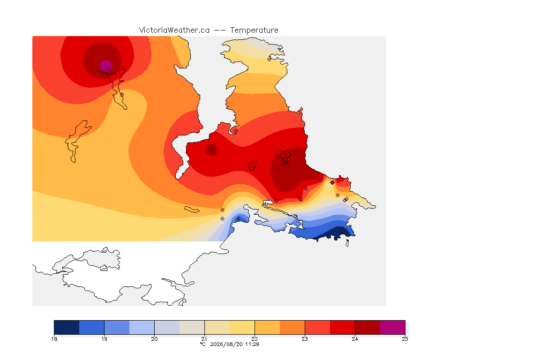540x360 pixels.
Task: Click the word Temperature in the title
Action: (x=254, y=30)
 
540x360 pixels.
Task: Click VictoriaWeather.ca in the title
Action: (x=174, y=30)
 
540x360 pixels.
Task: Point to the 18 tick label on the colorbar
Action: (x=54, y=339)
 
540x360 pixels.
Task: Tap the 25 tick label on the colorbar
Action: (x=405, y=339)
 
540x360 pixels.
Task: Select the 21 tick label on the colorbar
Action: (x=204, y=339)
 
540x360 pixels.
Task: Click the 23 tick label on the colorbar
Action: (x=305, y=339)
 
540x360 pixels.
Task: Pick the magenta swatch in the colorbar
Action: (x=393, y=327)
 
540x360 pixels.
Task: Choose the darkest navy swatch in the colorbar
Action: (x=67, y=327)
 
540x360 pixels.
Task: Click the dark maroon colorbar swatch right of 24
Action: (x=367, y=327)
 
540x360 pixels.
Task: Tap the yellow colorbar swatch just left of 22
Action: (x=242, y=327)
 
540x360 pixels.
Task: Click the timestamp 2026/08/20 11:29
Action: (x=234, y=344)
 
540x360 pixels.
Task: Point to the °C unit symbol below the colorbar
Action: (x=202, y=344)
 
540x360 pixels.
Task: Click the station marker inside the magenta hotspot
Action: (x=108, y=69)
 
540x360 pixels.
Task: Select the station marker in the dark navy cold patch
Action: (x=341, y=231)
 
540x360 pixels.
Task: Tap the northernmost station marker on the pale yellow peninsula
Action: (x=270, y=59)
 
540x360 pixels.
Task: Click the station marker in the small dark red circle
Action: (x=212, y=149)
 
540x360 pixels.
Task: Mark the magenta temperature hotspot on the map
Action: (x=106, y=65)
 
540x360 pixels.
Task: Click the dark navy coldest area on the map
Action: (x=334, y=234)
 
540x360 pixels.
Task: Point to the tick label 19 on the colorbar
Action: (x=105, y=339)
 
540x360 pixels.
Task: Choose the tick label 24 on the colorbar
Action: (x=355, y=339)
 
